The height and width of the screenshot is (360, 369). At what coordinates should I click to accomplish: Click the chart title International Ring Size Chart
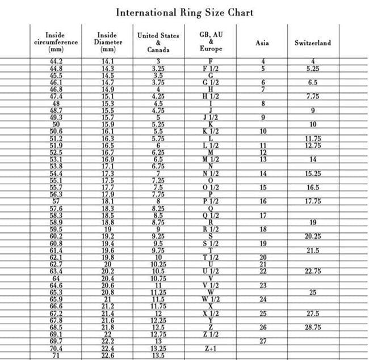(184, 12)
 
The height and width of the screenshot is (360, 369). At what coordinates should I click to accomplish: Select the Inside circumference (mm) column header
(56, 42)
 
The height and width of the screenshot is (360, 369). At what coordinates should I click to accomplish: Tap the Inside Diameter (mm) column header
(107, 42)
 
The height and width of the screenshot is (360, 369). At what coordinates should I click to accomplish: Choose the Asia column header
(262, 43)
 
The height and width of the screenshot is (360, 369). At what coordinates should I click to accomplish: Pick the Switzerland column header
(312, 43)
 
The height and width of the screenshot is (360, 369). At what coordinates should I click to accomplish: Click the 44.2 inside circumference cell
(56, 61)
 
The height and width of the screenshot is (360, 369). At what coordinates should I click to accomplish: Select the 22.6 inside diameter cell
(107, 355)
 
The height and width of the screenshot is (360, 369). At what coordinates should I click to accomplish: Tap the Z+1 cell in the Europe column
(211, 349)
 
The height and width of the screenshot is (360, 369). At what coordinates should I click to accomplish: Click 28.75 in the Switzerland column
(313, 328)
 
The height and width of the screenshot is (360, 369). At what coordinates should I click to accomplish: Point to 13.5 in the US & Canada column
(158, 355)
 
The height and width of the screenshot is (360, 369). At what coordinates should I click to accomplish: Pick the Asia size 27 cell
(263, 341)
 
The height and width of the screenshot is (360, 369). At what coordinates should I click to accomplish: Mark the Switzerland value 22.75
(313, 271)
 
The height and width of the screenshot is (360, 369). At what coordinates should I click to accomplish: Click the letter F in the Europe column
(211, 61)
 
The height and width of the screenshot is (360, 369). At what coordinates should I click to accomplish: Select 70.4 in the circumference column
(56, 349)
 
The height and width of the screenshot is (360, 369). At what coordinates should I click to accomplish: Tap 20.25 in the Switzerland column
(313, 236)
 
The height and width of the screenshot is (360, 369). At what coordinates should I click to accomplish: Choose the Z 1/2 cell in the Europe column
(211, 334)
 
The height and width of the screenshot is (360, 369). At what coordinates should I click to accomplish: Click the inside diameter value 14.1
(107, 61)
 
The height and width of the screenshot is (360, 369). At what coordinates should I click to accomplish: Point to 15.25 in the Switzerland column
(313, 173)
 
